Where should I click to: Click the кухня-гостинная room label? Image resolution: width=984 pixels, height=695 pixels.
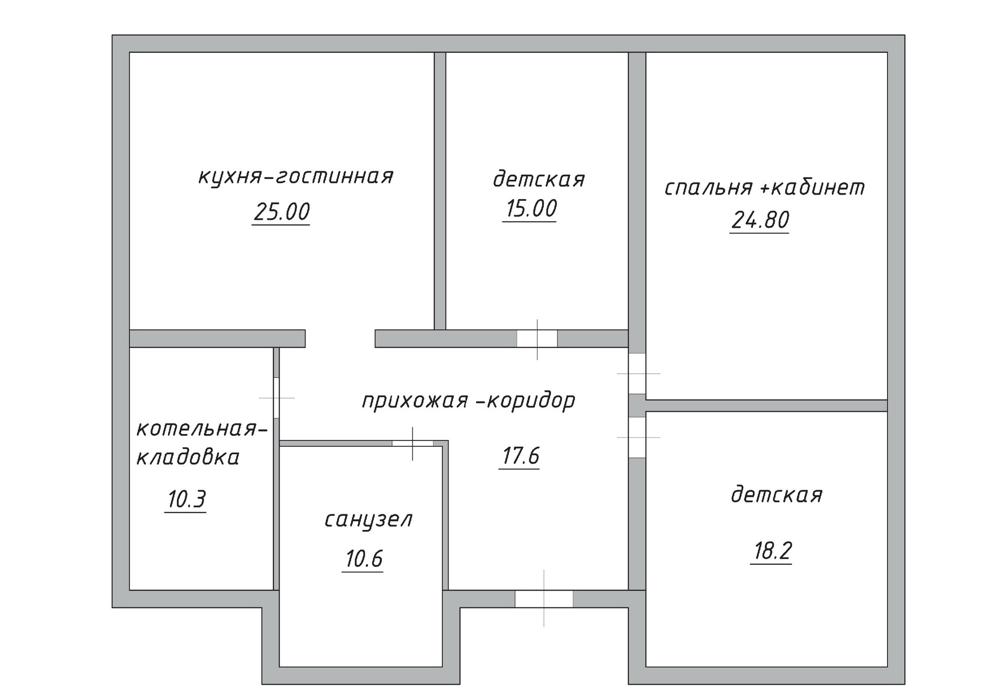(x=296, y=177)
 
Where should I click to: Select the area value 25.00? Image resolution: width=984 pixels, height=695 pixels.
(x=281, y=212)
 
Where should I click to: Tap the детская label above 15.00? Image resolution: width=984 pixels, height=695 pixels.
(x=539, y=179)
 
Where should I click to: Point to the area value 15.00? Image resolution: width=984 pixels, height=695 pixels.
(x=531, y=209)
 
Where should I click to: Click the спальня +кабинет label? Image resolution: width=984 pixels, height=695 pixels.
(x=764, y=188)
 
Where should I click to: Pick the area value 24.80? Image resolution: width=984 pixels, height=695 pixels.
(x=760, y=220)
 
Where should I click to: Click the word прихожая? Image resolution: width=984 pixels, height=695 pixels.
(x=415, y=401)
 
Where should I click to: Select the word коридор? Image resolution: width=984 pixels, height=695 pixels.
(x=531, y=401)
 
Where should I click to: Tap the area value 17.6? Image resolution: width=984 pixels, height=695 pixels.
(x=520, y=456)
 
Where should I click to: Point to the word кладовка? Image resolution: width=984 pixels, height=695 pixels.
(x=188, y=457)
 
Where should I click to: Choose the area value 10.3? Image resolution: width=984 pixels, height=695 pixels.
(x=187, y=499)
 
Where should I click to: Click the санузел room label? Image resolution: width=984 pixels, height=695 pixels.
(x=368, y=520)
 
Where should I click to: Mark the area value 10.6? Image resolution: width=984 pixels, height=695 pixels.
(x=364, y=559)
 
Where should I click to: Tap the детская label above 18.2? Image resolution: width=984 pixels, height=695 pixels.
(x=776, y=495)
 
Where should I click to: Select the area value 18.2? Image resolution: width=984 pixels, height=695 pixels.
(x=772, y=551)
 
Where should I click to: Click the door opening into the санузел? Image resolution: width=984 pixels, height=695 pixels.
(x=413, y=444)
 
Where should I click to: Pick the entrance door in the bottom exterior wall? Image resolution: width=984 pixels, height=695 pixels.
(x=544, y=599)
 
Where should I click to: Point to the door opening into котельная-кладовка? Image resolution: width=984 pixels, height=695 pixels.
(x=276, y=398)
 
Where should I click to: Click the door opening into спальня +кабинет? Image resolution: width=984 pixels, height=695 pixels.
(x=637, y=373)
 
